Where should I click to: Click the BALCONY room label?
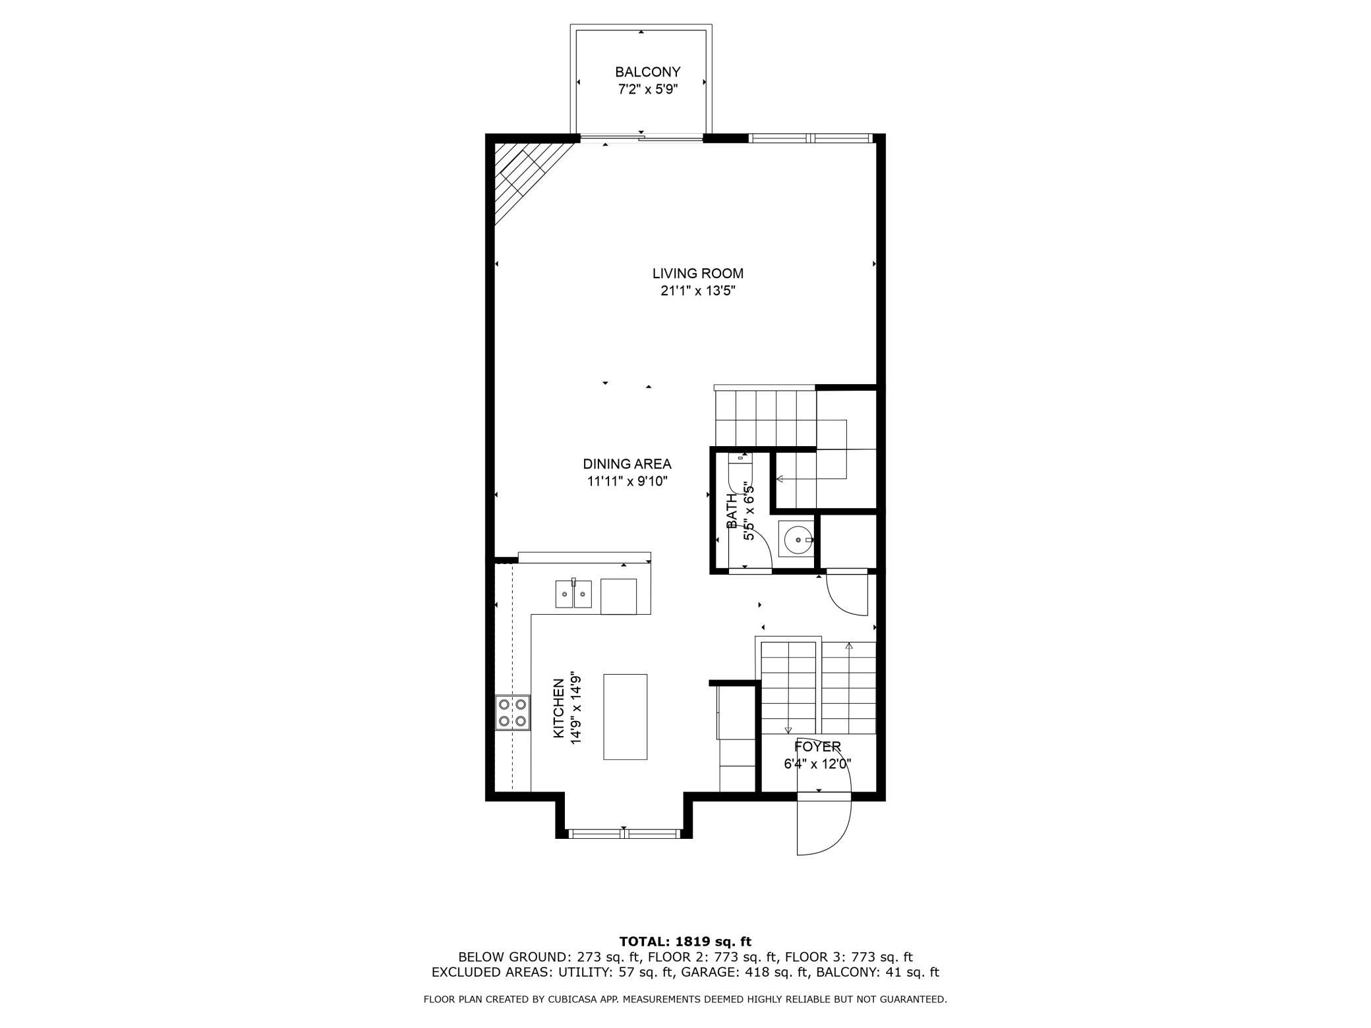[648, 72]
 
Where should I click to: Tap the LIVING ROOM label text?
[698, 273]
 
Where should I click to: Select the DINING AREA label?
[627, 464]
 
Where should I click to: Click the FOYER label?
[817, 747]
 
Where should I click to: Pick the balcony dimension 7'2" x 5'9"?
[648, 90]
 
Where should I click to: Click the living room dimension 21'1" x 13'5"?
[698, 291]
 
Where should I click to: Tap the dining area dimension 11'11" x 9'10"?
[627, 482]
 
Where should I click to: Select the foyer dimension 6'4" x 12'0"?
[817, 764]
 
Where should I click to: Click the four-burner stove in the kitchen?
[513, 712]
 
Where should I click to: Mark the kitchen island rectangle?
[625, 717]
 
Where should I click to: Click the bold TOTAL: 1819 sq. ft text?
[685, 942]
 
